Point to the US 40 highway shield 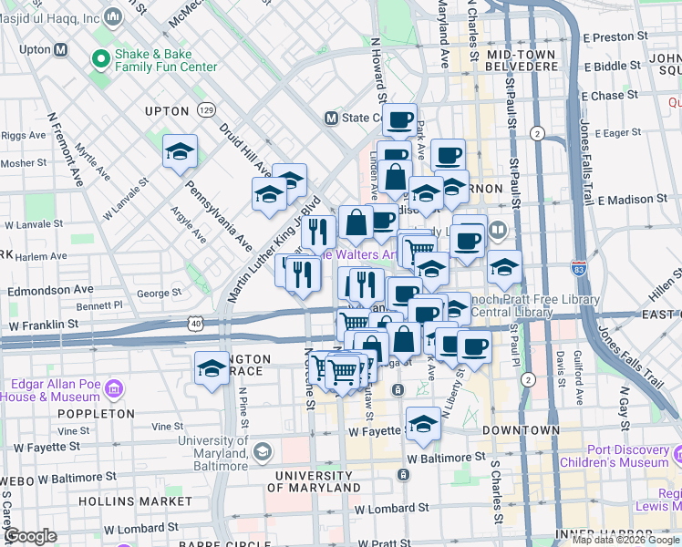196,323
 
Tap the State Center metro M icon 332,118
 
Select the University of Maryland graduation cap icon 262,451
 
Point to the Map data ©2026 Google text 625,540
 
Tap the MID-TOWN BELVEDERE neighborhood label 522,61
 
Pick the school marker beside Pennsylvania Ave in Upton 180,151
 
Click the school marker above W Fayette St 423,424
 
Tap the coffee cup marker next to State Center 399,119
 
